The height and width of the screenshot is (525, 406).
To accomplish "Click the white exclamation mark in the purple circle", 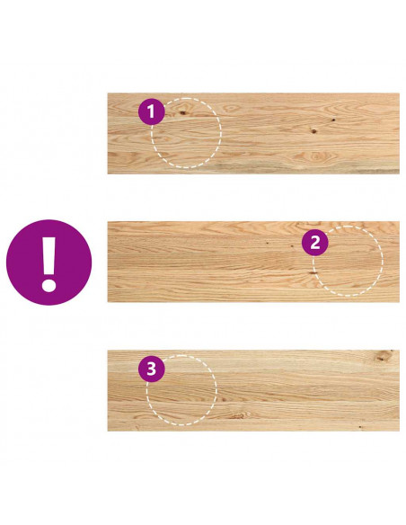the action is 49,264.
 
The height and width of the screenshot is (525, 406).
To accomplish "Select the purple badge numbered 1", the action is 152,111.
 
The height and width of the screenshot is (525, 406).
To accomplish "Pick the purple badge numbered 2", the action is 314,243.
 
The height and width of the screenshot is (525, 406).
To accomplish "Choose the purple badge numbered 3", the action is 152,369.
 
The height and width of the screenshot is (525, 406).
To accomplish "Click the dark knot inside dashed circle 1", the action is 182,113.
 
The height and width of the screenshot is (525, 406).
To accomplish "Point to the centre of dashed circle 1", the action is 186,133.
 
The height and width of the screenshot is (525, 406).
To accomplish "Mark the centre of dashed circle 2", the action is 348,262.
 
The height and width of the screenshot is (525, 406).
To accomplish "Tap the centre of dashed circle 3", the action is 181,390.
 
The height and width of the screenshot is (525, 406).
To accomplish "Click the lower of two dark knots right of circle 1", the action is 313,131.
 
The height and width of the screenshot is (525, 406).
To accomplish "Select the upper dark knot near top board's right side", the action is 333,120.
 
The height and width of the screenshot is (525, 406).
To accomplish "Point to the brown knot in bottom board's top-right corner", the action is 383,356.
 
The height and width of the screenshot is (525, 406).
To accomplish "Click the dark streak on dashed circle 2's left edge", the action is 313,273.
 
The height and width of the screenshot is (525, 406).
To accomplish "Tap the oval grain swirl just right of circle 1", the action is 231,108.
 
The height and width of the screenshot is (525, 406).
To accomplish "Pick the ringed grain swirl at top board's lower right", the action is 315,156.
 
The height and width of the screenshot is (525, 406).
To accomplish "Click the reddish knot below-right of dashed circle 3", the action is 238,416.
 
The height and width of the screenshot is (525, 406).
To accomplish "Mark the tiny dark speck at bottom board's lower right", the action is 360,427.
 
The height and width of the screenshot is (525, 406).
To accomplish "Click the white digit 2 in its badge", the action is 315,243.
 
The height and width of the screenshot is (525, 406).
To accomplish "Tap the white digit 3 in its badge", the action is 152,369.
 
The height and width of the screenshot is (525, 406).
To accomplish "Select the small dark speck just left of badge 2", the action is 292,246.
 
